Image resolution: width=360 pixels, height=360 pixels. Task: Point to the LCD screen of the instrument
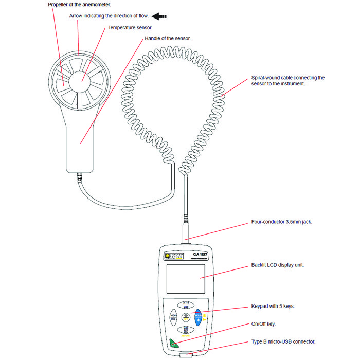click(186, 278)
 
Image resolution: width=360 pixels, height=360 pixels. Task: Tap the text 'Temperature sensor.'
click(130, 27)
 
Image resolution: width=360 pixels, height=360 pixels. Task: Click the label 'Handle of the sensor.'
click(168, 39)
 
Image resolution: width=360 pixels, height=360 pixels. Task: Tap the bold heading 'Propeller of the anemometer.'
click(79, 5)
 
